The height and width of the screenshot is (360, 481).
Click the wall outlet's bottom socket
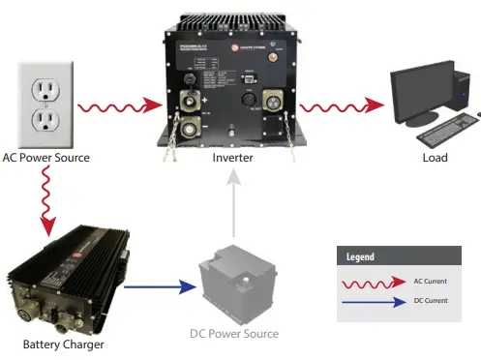(45, 119)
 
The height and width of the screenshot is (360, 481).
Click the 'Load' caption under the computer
(435, 158)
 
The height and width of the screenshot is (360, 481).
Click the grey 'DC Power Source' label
(234, 334)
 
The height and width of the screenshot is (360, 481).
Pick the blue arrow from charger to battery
(159, 285)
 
